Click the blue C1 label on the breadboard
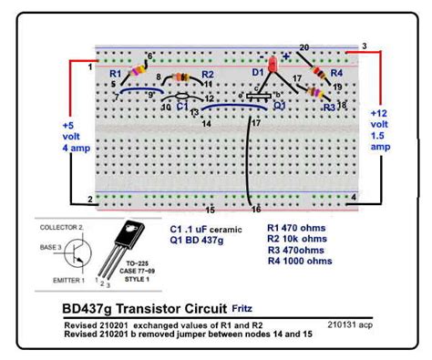click(x=182, y=106)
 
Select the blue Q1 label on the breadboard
click(x=280, y=105)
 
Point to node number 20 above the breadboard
click(x=303, y=47)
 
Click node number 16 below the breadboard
click(x=256, y=209)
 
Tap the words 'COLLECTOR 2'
click(x=65, y=225)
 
